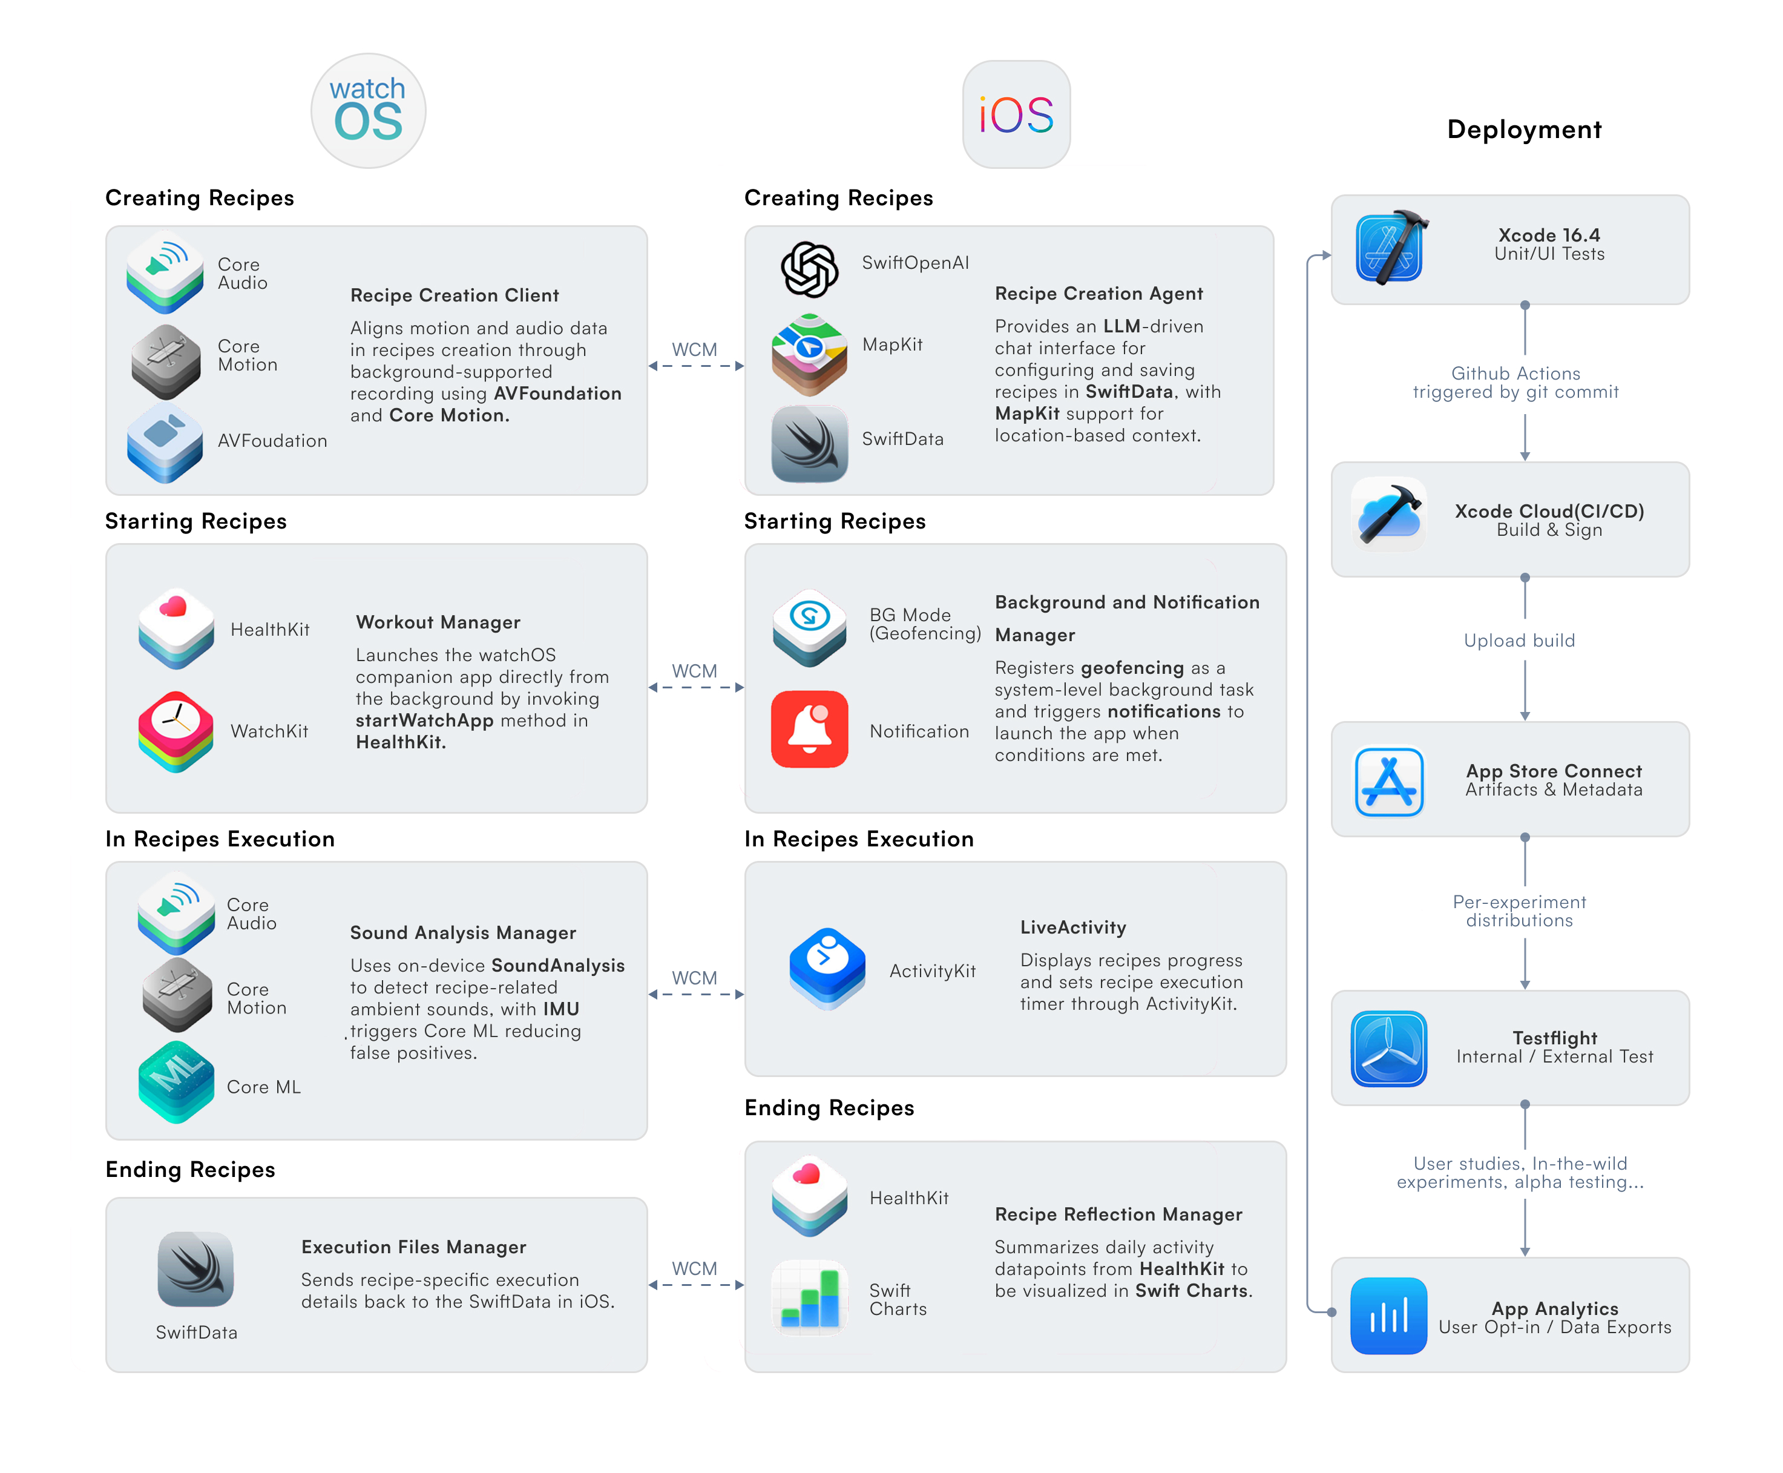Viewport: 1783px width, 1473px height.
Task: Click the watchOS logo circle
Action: [x=367, y=111]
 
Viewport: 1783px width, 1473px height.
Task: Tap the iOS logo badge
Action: [x=1016, y=114]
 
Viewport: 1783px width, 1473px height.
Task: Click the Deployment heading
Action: [x=1523, y=130]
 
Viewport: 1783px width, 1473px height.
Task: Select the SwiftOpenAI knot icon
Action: [x=809, y=269]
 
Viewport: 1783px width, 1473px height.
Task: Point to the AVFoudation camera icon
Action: [x=165, y=442]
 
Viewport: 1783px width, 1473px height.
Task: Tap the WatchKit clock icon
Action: [x=176, y=731]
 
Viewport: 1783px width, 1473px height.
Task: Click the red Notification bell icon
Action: [x=809, y=730]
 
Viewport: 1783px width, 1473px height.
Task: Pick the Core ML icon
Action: [x=176, y=1082]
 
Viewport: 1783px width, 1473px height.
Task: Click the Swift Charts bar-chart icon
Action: [x=809, y=1297]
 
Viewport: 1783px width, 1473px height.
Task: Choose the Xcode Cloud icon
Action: [x=1388, y=514]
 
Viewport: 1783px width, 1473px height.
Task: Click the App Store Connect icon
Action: [x=1388, y=780]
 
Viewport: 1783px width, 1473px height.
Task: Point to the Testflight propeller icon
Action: [x=1388, y=1048]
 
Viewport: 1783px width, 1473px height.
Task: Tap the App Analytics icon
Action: [x=1388, y=1315]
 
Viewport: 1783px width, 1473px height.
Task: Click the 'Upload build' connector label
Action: [x=1519, y=641]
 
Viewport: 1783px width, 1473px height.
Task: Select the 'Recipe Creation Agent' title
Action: [x=1098, y=294]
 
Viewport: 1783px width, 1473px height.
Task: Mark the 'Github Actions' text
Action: [x=1515, y=374]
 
